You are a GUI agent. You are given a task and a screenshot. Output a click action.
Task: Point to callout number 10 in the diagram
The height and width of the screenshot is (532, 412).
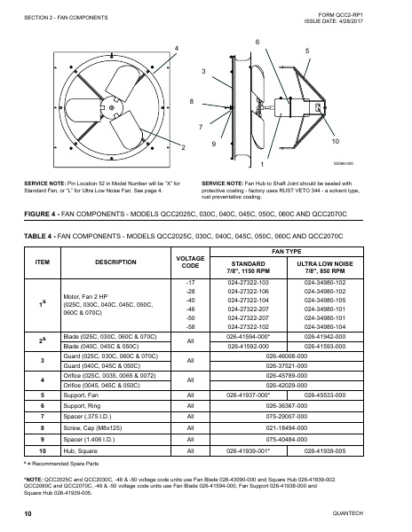pos(335,142)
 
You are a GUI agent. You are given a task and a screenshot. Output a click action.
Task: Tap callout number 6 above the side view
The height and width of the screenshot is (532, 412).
pos(257,42)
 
